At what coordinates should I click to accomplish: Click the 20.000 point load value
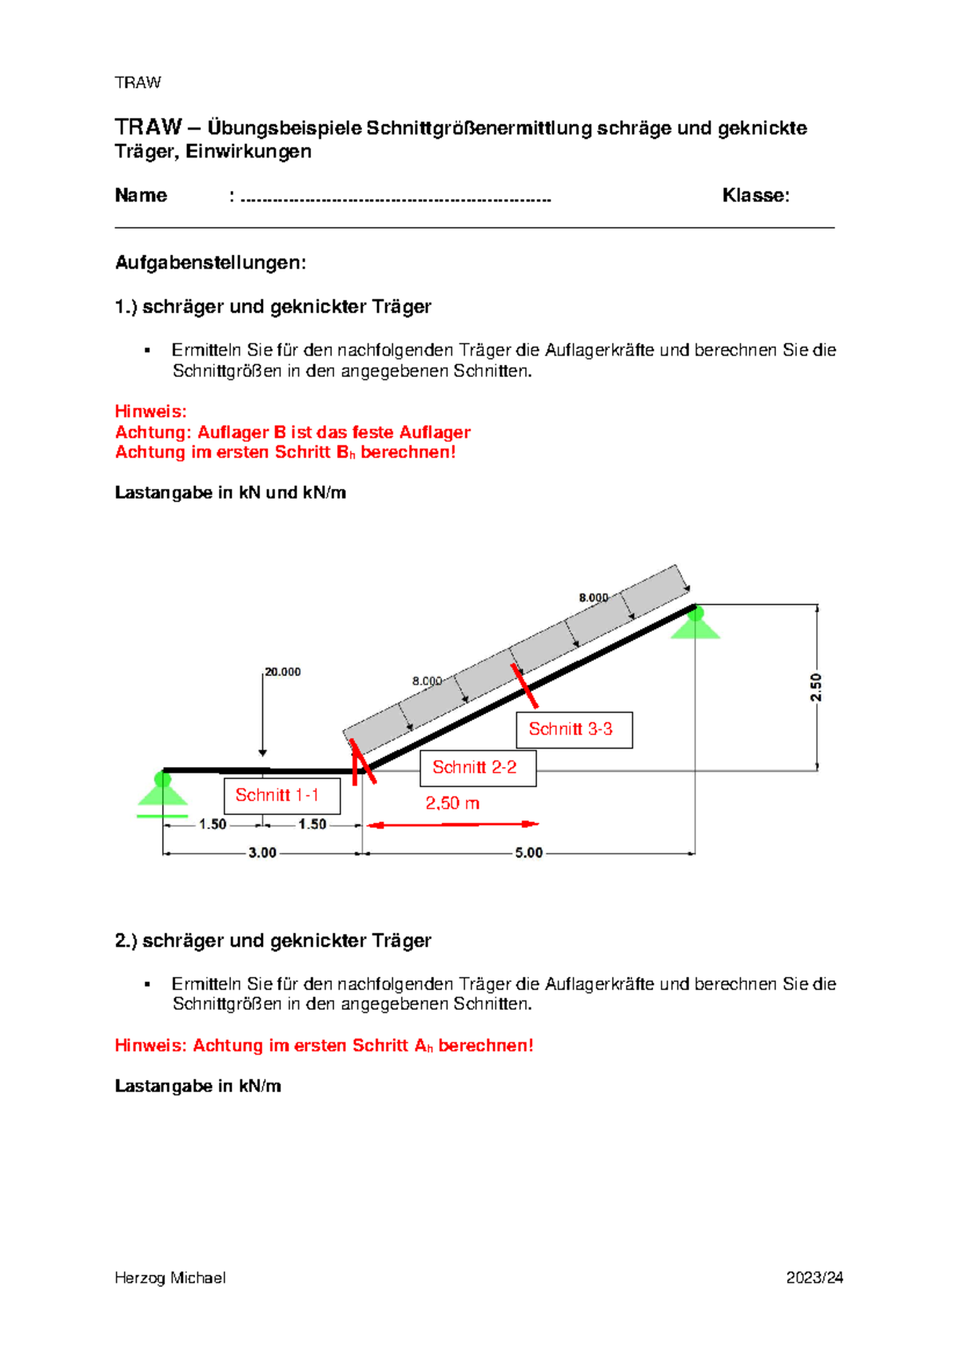point(283,672)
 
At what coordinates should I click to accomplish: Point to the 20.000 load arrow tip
point(262,753)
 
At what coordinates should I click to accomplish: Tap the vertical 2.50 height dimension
point(816,687)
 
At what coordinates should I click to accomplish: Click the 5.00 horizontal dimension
point(528,853)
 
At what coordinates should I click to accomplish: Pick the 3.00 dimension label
point(262,853)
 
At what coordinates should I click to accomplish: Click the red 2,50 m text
point(452,804)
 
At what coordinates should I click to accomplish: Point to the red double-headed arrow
point(452,824)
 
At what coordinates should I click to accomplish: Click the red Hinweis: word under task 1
point(150,411)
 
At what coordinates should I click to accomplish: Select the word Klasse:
point(755,196)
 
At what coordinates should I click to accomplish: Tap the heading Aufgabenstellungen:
point(210,263)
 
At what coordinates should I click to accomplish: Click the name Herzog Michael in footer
point(169,1278)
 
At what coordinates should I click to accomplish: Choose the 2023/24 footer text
point(814,1278)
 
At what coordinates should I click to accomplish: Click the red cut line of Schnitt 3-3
point(525,686)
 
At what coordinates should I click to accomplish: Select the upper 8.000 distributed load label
point(593,598)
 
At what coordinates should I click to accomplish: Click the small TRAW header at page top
point(137,83)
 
